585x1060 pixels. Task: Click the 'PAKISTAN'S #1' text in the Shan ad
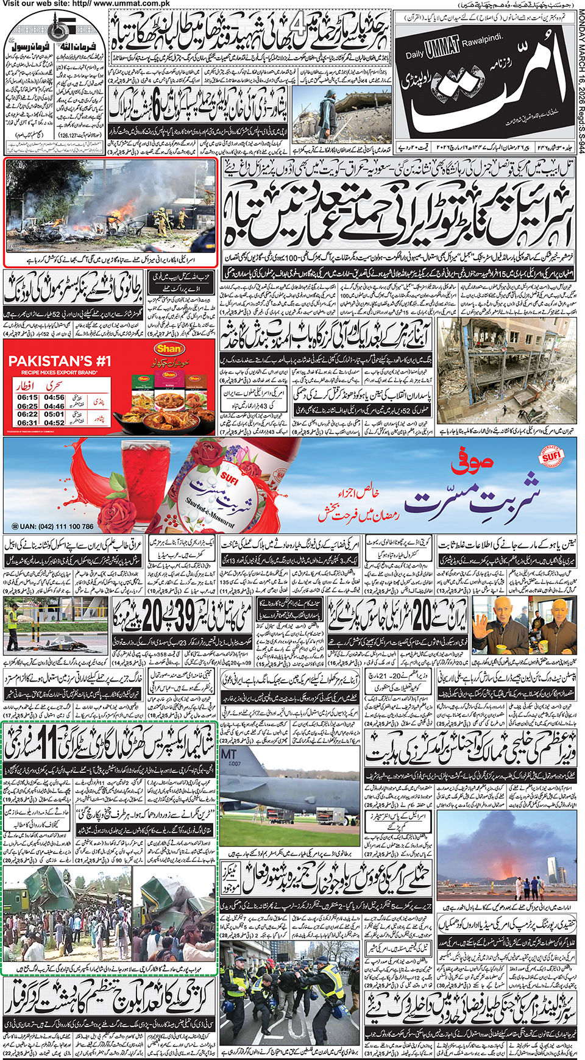coord(59,361)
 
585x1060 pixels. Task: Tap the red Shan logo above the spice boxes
coord(169,349)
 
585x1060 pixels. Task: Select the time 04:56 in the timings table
coord(54,397)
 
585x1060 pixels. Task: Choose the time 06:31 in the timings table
coord(27,422)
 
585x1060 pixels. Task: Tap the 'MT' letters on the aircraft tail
coord(229,755)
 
